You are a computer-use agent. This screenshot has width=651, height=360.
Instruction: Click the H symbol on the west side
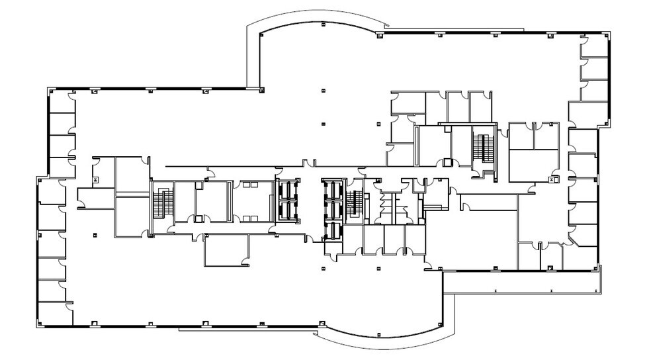point(95,179)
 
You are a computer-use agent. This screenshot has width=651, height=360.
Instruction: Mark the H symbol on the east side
point(551,179)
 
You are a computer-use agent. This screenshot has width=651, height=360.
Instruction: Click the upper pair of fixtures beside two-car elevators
point(249,187)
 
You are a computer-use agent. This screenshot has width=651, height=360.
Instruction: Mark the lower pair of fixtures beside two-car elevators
point(249,216)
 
